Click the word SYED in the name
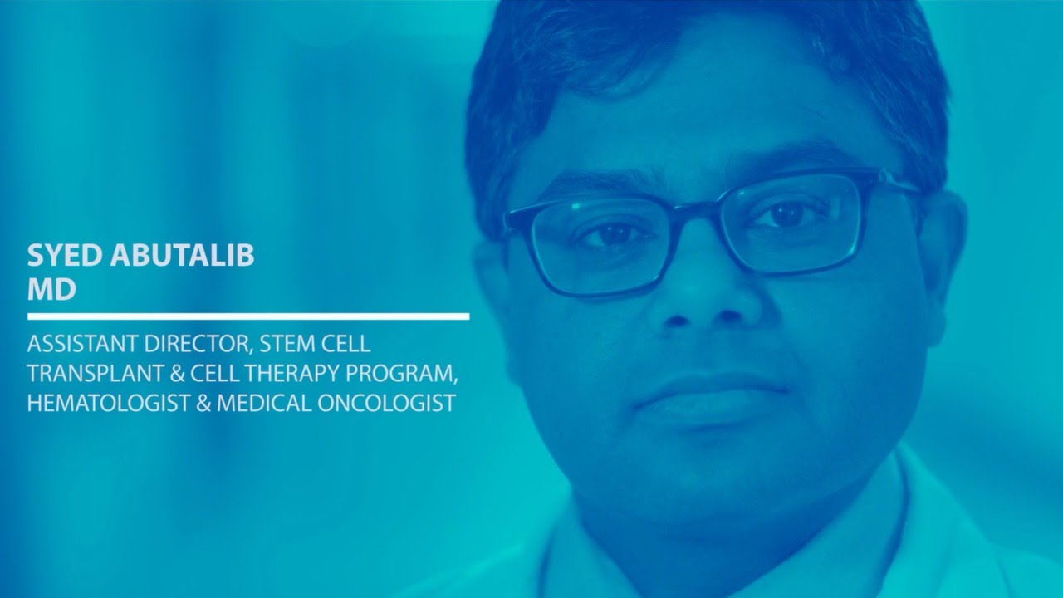pos(65,255)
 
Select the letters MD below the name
pos(51,289)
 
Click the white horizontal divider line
pos(248,316)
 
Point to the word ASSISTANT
pos(82,344)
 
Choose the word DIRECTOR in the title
pos(197,344)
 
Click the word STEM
pos(287,344)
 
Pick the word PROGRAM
pos(401,374)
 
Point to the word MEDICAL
pos(263,404)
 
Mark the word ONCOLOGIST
pos(387,404)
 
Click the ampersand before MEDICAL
pos(203,404)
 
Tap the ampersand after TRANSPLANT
pos(177,374)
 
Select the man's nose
pos(702,290)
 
